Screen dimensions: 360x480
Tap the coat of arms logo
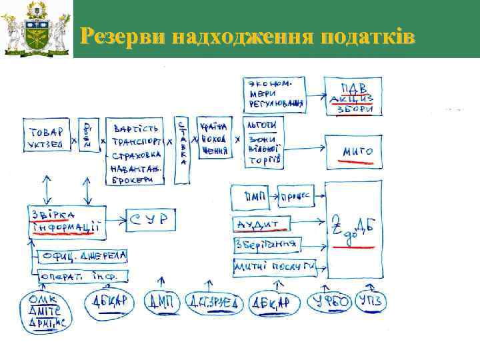pyautogui.click(x=36, y=29)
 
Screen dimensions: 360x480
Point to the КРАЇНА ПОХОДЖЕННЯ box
pyautogui.click(x=211, y=139)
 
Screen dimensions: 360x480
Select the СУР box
pyautogui.click(x=149, y=218)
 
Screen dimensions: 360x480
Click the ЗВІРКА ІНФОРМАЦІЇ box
pyautogui.click(x=66, y=221)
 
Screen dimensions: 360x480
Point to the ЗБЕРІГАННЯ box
pyautogui.click(x=266, y=244)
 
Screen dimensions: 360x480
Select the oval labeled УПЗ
pyautogui.click(x=371, y=301)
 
